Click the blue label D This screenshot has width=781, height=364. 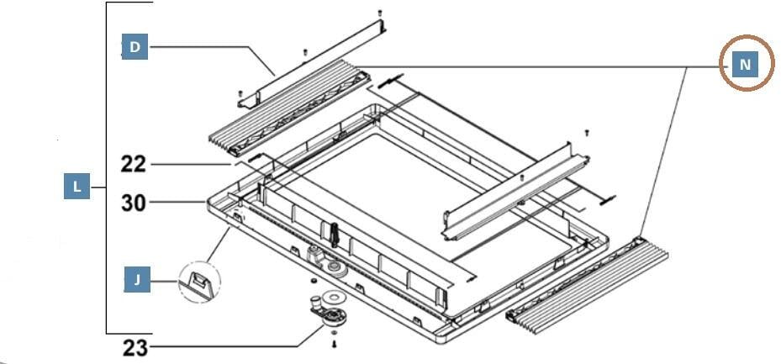coord(135,47)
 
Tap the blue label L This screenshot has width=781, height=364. coord(77,187)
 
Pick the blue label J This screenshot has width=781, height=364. coord(137,280)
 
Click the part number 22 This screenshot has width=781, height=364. coord(134,165)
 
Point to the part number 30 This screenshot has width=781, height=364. coord(134,202)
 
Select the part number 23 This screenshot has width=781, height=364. coord(135,346)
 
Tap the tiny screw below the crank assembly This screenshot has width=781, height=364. coord(335,343)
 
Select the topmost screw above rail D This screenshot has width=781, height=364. coord(380,13)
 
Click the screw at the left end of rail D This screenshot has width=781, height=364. coord(241,93)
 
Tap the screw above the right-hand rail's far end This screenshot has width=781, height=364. coord(586,133)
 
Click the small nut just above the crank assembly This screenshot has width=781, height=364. coord(312,281)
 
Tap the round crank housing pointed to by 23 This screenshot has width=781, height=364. coord(335,317)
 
